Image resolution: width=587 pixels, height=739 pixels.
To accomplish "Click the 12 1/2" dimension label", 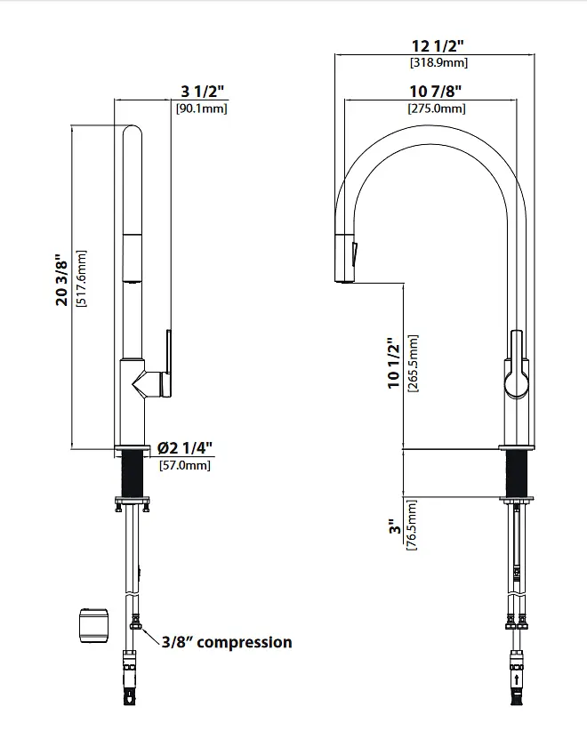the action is coord(438,45).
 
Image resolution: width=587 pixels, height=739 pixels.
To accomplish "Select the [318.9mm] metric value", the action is coord(438,62).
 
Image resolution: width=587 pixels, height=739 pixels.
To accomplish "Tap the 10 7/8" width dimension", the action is coord(435,91).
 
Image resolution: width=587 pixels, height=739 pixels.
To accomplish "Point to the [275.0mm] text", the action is coord(437,108).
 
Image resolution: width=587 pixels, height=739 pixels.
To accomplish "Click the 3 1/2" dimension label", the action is coord(202,91).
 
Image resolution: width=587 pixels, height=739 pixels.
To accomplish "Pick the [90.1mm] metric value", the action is coord(202,108).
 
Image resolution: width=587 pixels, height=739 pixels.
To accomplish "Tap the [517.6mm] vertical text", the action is coord(81,278).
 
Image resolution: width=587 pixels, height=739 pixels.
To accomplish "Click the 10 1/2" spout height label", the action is coord(394,363).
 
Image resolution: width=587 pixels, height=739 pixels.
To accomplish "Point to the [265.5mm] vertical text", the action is coord(413,364).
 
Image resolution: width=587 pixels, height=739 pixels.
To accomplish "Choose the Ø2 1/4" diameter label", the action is coord(184,447).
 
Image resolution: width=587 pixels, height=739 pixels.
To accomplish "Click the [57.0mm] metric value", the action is coord(185,465).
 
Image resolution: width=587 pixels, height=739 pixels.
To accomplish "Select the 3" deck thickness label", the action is coord(395,526).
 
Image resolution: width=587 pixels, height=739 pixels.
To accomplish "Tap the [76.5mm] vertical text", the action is coord(412,525).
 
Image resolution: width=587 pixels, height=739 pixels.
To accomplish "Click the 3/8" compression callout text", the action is coord(227,642).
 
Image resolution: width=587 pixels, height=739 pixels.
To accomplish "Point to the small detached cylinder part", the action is coord(93,625).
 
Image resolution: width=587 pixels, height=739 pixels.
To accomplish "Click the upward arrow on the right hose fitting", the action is coord(518,680).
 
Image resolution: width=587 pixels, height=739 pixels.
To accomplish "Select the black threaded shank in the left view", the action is coord(132,473).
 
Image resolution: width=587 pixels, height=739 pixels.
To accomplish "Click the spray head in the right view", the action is coord(345,258).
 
